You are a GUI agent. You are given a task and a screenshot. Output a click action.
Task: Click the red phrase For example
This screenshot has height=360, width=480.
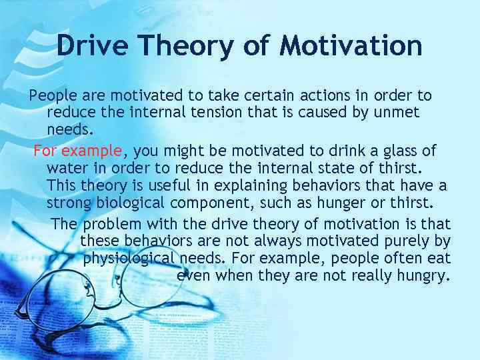coord(78,150)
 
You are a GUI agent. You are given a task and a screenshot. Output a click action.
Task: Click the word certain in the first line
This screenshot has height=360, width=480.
coord(217,95)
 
